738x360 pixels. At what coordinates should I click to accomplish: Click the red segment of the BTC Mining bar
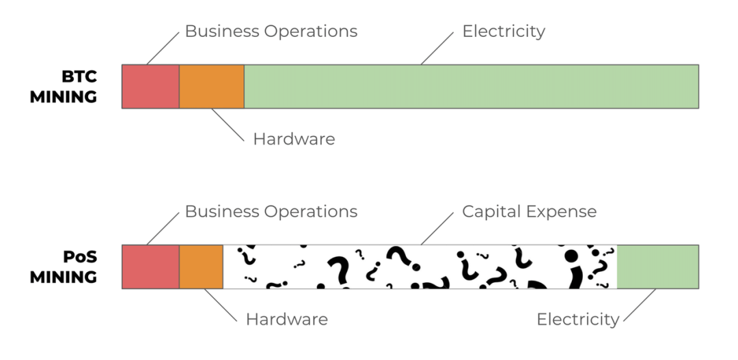[x=150, y=86]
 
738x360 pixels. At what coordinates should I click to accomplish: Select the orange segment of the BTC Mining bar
[x=212, y=86]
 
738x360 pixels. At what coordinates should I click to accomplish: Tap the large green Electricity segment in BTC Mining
[x=471, y=86]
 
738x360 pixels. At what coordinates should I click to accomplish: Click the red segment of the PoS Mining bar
[x=150, y=266]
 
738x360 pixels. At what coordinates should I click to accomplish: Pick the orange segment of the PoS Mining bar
[x=201, y=266]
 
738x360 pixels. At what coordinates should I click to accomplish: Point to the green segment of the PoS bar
[x=657, y=266]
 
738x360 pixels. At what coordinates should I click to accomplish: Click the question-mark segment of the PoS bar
[x=420, y=266]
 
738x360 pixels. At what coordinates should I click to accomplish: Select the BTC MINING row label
[x=64, y=86]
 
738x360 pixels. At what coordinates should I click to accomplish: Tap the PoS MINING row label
[x=64, y=267]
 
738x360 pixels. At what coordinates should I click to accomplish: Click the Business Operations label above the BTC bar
[x=271, y=31]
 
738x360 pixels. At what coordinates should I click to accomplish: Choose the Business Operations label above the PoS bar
[x=271, y=212]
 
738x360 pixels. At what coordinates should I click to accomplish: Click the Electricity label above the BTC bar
[x=504, y=31]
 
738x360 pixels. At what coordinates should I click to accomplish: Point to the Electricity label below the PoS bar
[x=577, y=319]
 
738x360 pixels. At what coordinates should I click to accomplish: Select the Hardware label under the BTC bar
[x=294, y=139]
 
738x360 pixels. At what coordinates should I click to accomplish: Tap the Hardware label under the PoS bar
[x=286, y=319]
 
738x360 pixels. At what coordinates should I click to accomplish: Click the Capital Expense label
[x=529, y=212]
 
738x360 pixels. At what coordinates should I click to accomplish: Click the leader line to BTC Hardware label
[x=227, y=124]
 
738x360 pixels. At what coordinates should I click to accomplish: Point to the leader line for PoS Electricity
[x=639, y=305]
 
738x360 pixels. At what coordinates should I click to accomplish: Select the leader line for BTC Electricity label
[x=438, y=48]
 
